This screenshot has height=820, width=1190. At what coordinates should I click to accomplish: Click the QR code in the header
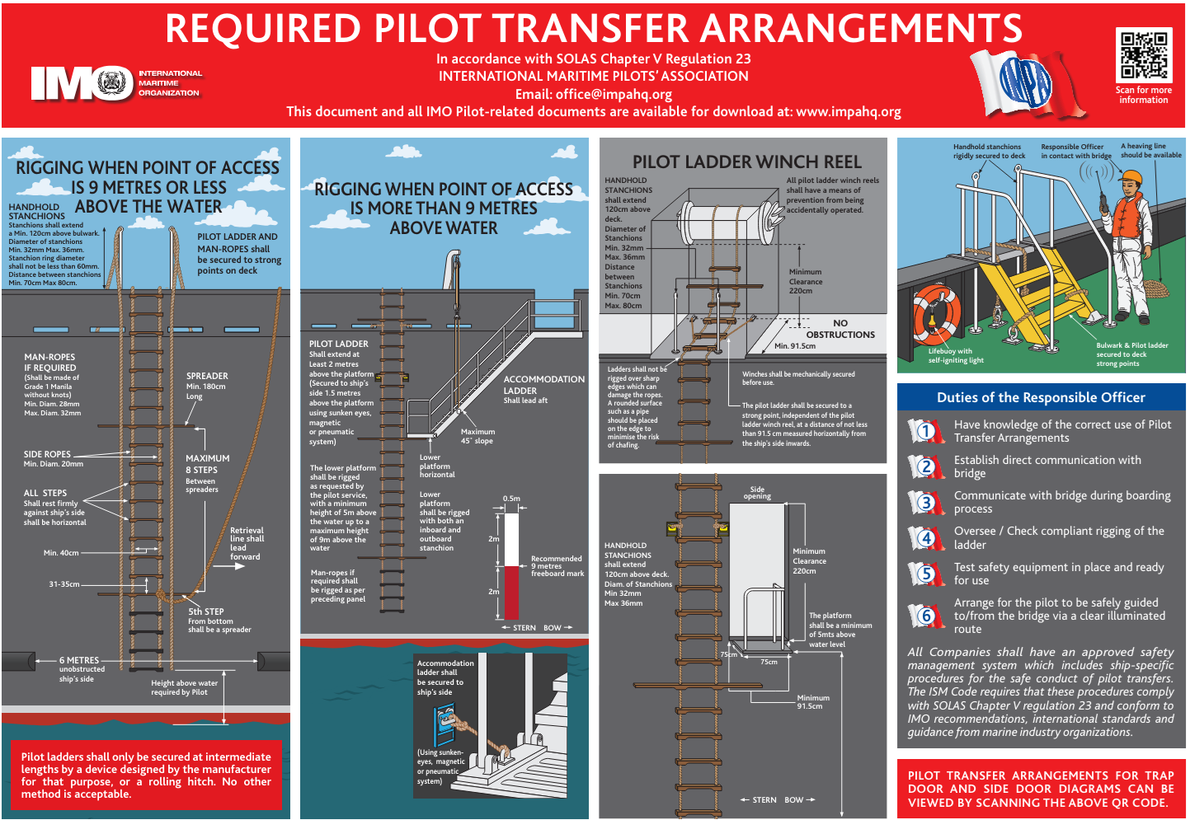coord(1143,55)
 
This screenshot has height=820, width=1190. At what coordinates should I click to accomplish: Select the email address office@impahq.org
coord(614,94)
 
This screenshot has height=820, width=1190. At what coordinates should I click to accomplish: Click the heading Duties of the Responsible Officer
coord(1041,397)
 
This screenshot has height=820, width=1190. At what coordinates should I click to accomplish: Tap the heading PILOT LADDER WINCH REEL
coord(746,162)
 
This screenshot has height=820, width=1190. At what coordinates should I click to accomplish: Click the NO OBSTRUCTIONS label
coord(840,329)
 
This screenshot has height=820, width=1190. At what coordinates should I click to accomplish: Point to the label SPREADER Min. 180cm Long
coord(206,385)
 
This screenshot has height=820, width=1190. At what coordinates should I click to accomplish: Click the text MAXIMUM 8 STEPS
coord(207,464)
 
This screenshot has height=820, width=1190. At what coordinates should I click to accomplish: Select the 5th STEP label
coord(205,611)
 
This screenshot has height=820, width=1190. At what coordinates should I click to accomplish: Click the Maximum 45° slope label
coord(477,436)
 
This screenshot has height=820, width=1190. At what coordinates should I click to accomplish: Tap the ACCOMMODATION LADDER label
coord(543,385)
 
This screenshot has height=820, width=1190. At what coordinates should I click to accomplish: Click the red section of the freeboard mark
coord(511,592)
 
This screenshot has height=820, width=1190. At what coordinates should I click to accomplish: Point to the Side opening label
coord(757,493)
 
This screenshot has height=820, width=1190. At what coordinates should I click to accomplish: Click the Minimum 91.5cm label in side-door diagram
coord(813,701)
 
